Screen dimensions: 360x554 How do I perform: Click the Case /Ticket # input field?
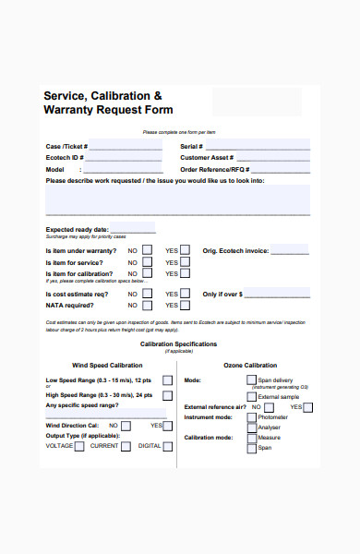coord(125,146)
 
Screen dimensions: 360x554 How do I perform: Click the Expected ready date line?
coord(133,229)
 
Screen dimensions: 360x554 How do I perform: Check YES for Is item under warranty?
coord(185,250)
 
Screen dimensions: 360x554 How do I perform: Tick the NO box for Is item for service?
coord(147,262)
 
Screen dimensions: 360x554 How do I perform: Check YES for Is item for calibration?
coord(185,274)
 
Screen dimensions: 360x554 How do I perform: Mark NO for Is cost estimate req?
coord(147,294)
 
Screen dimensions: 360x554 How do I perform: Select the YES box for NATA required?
coord(185,305)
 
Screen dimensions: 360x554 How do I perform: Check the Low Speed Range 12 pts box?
coord(167,380)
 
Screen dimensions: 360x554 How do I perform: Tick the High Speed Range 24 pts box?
coord(167,394)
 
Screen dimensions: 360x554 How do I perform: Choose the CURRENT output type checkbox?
coord(126,446)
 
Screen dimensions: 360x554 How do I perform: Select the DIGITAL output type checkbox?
coord(168,446)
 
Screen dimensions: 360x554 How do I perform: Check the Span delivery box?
coord(251,379)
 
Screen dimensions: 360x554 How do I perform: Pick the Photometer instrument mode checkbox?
coord(251,417)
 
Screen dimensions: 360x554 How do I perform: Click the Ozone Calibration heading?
coord(249,365)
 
